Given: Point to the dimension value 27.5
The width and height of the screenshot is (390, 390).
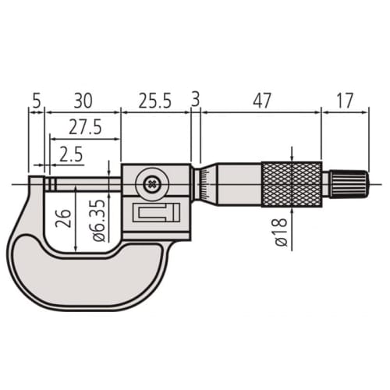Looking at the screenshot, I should point(84,128).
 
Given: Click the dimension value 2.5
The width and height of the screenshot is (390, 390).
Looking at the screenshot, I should point(71,154).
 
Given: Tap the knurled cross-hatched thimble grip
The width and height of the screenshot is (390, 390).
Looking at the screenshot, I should point(291,186).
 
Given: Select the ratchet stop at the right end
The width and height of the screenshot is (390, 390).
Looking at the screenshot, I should point(346,185).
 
